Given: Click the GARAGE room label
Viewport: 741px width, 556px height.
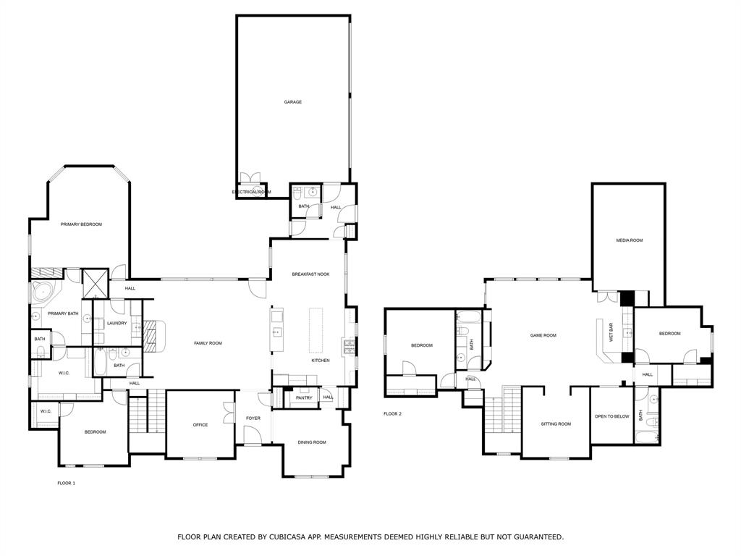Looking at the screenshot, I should [292, 102].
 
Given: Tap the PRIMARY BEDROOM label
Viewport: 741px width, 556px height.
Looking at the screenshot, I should [81, 224].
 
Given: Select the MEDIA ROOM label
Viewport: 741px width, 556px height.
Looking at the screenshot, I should [629, 240].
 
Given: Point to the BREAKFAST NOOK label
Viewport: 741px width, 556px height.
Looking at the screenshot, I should [310, 274].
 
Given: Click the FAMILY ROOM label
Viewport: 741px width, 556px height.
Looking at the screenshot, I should [208, 343].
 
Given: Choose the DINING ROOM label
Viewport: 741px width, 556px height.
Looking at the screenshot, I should [312, 442].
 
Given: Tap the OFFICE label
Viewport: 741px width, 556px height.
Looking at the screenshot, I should [200, 425].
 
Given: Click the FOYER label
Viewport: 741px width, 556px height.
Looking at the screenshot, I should [253, 418].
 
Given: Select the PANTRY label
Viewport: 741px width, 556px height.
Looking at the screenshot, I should [304, 397].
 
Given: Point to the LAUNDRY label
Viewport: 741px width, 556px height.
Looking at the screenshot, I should [117, 323].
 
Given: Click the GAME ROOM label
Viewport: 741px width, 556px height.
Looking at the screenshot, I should [543, 335].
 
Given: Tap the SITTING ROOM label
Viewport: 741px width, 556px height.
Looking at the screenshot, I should [556, 424].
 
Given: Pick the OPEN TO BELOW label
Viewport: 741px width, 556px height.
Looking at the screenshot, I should [611, 416].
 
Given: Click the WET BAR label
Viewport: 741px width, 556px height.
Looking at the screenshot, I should [611, 332].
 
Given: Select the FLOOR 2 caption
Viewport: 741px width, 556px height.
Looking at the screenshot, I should [392, 414].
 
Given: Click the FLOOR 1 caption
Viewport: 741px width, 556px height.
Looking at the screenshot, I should [66, 483].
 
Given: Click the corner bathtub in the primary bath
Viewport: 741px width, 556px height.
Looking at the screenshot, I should [42, 293].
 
